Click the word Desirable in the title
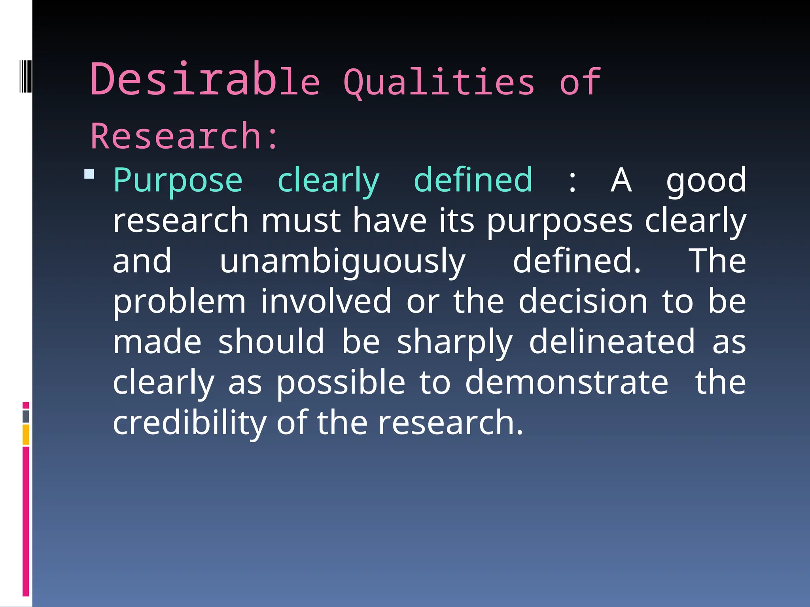tap(204, 80)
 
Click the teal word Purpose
tap(178, 181)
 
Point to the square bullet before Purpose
tap(89, 174)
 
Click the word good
tap(706, 181)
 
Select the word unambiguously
tap(343, 262)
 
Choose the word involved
tap(326, 301)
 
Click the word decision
tap(583, 301)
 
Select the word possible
tap(341, 383)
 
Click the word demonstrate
tap(566, 383)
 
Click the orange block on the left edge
tap(26, 435)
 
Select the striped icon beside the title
tap(25, 76)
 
